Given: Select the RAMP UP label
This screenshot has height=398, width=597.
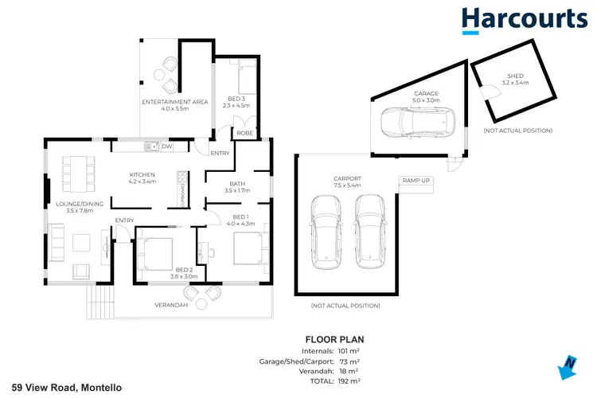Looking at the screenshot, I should (416, 181).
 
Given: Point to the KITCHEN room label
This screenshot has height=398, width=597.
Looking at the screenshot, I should (142, 174).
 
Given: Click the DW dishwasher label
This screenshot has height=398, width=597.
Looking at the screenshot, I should (167, 146).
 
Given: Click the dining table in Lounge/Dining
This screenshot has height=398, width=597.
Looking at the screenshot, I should (77, 169).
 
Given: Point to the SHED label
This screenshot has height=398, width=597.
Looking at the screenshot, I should (515, 76).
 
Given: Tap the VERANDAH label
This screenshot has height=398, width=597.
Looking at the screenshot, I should (170, 305).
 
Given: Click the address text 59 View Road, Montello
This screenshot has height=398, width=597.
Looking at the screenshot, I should (61, 387).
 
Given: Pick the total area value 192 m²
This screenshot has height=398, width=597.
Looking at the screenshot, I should (349, 380).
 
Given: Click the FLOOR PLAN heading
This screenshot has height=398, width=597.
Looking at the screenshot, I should (329, 339).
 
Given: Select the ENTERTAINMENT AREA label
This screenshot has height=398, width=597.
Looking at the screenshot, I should (174, 102).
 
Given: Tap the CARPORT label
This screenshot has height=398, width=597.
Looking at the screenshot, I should (347, 178).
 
